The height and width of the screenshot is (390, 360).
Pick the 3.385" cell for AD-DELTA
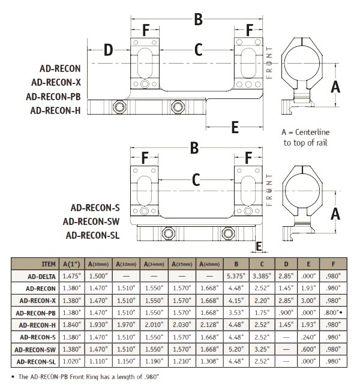pyautogui.click(x=262, y=276)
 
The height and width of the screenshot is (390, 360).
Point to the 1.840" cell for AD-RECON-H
pyautogui.click(x=73, y=325)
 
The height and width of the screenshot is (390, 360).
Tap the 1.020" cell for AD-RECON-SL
pyautogui.click(x=73, y=361)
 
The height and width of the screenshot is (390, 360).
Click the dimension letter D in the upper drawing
pyautogui.click(x=108, y=50)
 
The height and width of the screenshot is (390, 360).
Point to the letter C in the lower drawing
pyautogui.click(x=196, y=179)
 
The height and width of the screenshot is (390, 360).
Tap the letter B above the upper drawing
pyautogui.click(x=197, y=20)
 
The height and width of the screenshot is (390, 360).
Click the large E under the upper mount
pyautogui.click(x=235, y=127)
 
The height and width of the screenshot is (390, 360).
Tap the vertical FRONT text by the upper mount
pyautogui.click(x=271, y=63)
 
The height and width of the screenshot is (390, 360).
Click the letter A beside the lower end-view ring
pyautogui.click(x=336, y=214)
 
